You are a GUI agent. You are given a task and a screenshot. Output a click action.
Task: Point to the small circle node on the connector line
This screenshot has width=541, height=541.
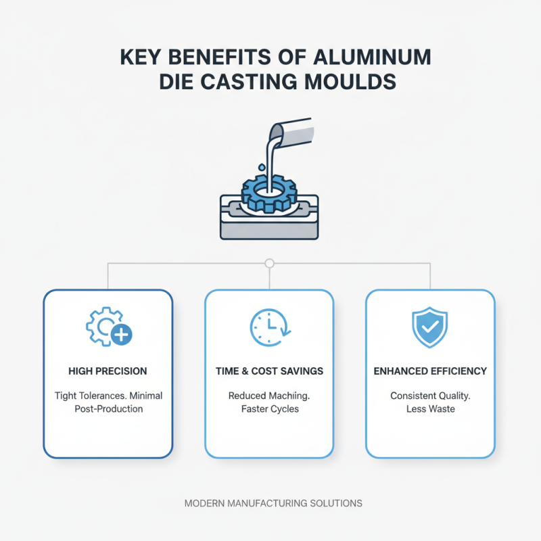[269, 263]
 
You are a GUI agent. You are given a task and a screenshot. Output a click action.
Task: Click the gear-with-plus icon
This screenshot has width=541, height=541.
[107, 327]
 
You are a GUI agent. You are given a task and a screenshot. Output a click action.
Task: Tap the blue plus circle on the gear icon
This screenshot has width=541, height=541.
[122, 335]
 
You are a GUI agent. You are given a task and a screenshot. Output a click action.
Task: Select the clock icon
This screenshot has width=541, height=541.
[268, 328]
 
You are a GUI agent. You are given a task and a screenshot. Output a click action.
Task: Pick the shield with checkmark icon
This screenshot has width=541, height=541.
[429, 328]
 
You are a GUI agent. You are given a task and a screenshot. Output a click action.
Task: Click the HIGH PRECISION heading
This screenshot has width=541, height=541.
[108, 371]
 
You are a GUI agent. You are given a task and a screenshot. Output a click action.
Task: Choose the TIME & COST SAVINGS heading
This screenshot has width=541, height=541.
[269, 371]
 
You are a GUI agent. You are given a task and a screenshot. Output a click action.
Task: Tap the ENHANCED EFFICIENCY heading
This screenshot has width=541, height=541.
[430, 371]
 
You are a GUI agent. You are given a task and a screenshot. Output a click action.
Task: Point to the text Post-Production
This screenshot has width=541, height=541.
[108, 409]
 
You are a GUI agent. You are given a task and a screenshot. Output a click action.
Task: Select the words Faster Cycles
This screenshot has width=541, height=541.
[269, 409]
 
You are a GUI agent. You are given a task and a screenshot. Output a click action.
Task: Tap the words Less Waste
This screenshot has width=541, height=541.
[430, 409]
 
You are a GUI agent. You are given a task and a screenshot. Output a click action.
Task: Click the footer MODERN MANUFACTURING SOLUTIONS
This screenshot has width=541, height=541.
[273, 503]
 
